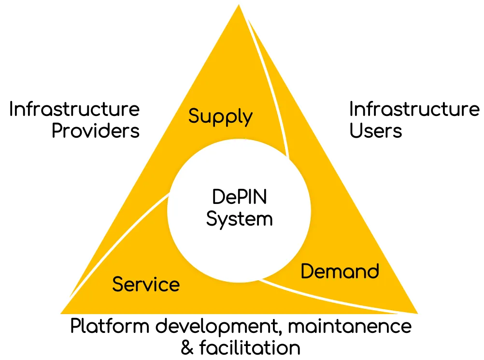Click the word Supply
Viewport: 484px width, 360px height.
(x=220, y=117)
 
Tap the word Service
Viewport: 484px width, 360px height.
(x=146, y=284)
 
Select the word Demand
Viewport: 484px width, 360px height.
(x=340, y=272)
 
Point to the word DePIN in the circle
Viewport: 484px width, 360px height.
(x=240, y=198)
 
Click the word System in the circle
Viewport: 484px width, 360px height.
(x=240, y=219)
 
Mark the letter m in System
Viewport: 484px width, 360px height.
(x=265, y=220)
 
